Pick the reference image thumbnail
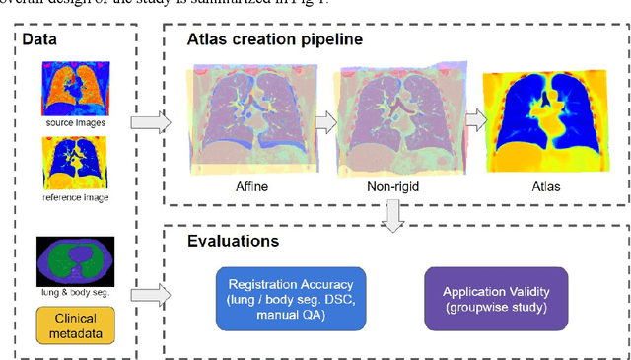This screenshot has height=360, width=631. (74, 163)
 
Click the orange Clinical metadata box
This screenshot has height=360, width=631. (75, 324)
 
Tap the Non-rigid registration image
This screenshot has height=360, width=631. (396, 116)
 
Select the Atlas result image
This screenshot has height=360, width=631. (539, 116)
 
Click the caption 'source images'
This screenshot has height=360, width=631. (74, 123)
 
